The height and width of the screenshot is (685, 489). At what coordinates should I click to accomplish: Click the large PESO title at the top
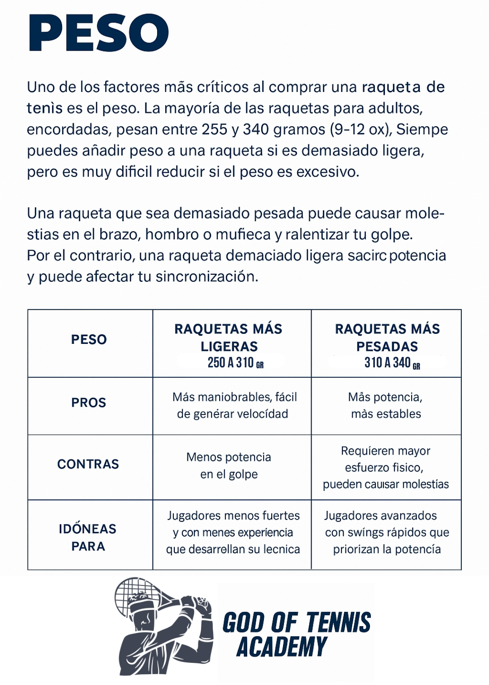coord(99,33)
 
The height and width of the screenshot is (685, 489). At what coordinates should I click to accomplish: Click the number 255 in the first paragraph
coord(215,129)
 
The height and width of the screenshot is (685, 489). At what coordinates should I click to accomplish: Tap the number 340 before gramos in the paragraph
coord(256,129)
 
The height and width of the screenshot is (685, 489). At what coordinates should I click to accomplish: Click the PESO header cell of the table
coord(89,339)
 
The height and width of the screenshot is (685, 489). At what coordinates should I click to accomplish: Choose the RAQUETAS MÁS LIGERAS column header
coord(229,338)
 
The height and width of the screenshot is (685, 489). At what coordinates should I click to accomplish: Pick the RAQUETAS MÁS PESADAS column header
coord(387,338)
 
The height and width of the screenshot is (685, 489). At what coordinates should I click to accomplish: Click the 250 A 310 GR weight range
coord(235,363)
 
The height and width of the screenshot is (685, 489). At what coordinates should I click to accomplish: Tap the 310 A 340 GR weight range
coord(392,363)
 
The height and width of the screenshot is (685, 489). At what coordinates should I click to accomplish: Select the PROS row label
coord(89,403)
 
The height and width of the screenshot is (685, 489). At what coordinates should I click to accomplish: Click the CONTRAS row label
coord(88,464)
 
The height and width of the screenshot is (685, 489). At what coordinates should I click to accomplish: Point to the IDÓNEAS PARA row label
coord(88,538)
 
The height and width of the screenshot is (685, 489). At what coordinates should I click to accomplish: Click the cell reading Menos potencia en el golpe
coord(229,466)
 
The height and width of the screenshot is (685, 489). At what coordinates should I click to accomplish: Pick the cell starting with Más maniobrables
coord(234,405)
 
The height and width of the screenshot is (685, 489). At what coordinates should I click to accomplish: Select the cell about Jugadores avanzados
coord(387,533)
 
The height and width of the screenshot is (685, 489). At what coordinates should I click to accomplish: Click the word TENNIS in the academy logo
coord(338,623)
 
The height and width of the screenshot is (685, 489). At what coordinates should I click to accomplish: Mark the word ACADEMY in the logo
coord(282,647)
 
